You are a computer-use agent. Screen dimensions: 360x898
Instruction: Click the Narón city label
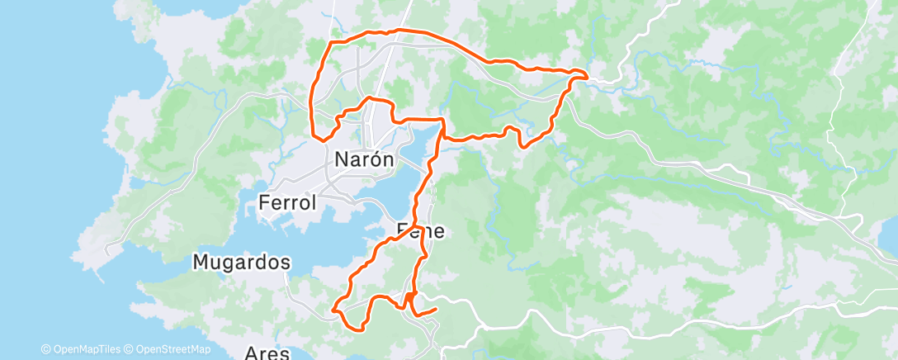364,159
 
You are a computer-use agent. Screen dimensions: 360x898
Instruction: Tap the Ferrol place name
287,202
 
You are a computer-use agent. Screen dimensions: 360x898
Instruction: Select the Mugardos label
242,263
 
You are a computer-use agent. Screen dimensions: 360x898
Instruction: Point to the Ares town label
267,353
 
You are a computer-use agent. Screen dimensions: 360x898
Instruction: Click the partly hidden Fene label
421,231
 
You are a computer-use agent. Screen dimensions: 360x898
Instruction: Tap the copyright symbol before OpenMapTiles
45,349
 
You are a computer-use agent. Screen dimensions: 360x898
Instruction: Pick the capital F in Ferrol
264,202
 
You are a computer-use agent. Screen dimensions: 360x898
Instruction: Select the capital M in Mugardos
201,263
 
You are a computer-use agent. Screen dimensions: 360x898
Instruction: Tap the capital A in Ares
252,353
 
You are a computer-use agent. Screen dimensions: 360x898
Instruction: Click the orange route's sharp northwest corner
331,42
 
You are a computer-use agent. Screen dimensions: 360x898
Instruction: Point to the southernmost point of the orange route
361,329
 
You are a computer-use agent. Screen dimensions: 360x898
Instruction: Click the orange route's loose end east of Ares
435,309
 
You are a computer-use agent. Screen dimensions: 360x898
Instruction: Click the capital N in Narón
342,159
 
